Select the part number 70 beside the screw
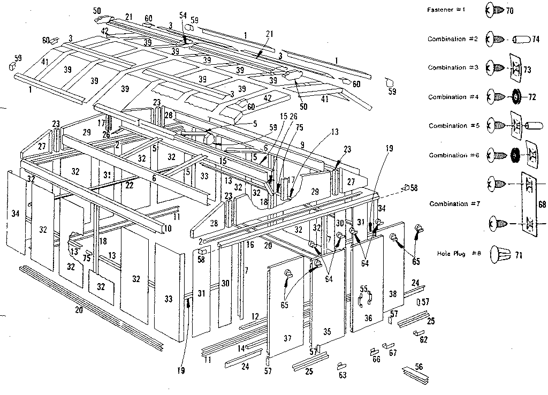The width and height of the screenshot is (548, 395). tap(509, 11)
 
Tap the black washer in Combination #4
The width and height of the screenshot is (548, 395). tap(516, 97)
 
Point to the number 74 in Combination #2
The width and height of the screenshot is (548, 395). tap(535, 40)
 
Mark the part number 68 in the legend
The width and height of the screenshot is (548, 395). tap(542, 204)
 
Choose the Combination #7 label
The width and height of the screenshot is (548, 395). tap(451, 204)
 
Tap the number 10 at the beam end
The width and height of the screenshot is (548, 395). tap(168, 229)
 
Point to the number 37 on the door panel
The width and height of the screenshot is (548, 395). tap(287, 338)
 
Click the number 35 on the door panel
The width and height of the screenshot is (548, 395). tap(328, 332)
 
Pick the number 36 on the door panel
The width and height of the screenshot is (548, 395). tap(368, 318)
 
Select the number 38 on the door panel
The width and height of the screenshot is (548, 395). tap(393, 294)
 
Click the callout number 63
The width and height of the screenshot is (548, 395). tap(342, 375)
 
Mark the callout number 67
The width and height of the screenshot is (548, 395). tap(393, 353)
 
